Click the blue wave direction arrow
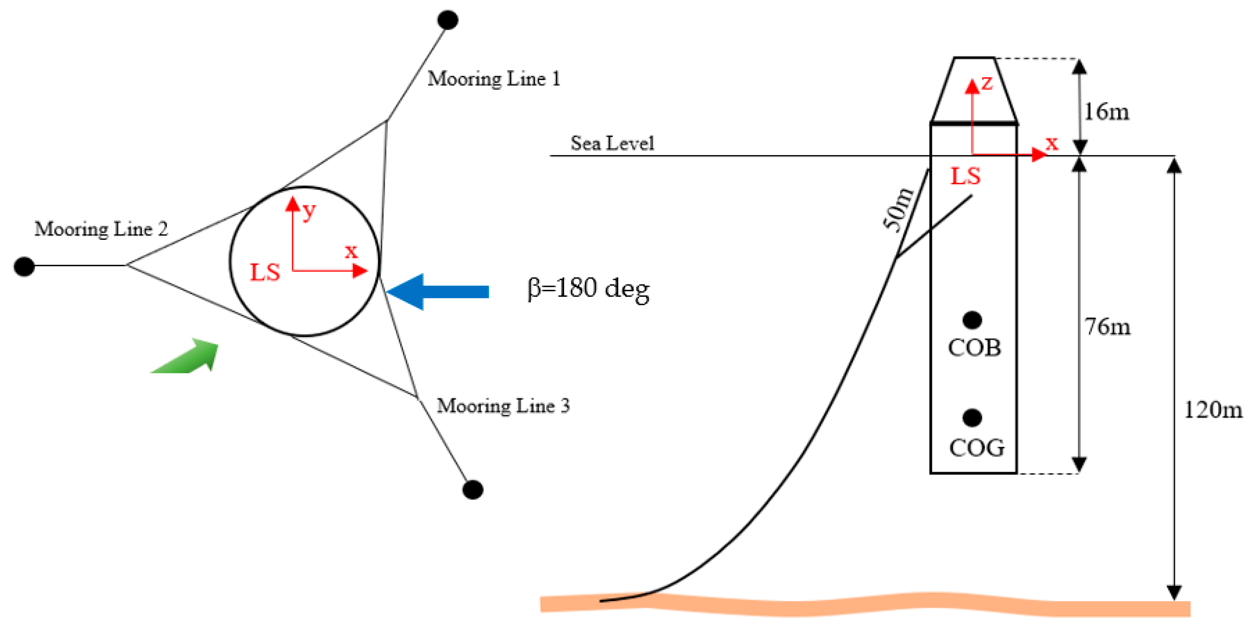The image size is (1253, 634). (x=438, y=291)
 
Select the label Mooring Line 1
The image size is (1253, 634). (x=494, y=79)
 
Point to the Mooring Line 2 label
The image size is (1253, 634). (x=101, y=229)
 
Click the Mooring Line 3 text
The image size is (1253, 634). (x=503, y=405)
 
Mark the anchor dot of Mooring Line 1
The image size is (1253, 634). (x=447, y=20)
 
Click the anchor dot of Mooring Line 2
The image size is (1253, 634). (x=24, y=266)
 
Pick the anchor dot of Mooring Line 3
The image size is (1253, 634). (x=472, y=489)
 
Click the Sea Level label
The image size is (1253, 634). (x=612, y=143)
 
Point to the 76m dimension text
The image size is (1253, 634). (x=1107, y=326)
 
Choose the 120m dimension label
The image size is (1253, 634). (x=1212, y=410)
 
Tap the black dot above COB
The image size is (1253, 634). (x=972, y=320)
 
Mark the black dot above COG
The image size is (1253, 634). (x=972, y=417)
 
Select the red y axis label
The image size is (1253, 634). (x=309, y=211)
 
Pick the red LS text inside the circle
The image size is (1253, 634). (x=265, y=272)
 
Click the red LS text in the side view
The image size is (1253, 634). (x=965, y=176)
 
